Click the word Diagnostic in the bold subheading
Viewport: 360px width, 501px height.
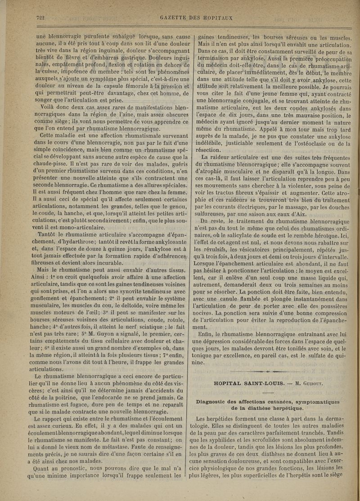coord(221,401)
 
